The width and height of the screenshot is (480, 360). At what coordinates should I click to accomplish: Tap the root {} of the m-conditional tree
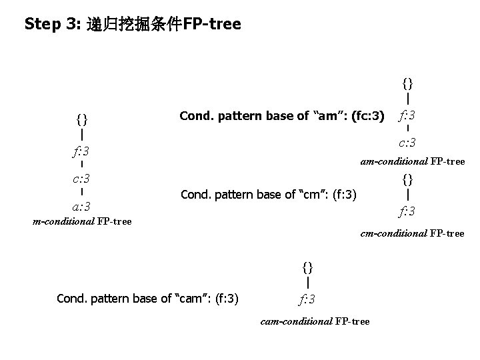81,120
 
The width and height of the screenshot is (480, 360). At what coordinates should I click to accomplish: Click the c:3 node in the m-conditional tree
81,179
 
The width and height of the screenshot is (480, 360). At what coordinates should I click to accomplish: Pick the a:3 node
81,206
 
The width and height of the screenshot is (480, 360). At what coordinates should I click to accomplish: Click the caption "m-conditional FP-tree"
82,221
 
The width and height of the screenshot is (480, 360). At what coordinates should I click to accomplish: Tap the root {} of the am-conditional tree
407,83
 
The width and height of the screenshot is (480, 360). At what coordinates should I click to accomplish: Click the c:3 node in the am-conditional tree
407,143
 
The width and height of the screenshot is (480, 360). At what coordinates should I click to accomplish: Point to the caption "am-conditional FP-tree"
412,161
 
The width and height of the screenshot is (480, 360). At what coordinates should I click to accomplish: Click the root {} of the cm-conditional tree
407,179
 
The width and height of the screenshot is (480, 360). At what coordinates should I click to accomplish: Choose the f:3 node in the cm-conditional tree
407,212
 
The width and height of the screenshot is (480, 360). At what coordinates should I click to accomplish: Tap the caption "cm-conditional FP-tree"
412,233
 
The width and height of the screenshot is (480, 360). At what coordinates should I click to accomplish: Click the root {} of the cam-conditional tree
307,267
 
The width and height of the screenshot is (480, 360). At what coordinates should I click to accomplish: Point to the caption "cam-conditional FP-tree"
315,321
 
